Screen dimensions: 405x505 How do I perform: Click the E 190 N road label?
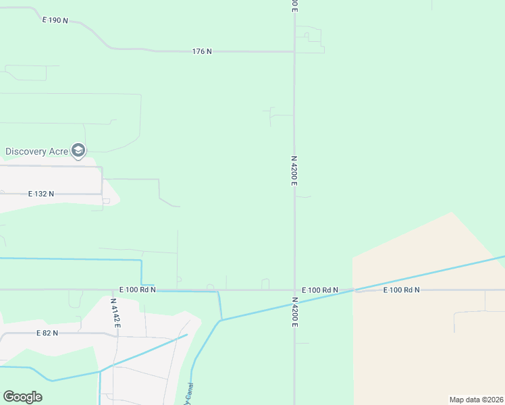click(x=55, y=20)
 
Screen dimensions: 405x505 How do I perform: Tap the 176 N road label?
click(x=202, y=51)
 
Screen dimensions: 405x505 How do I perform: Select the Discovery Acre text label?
click(x=36, y=151)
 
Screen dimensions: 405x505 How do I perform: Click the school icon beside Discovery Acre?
click(x=78, y=150)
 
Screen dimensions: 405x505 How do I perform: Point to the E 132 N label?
click(x=41, y=194)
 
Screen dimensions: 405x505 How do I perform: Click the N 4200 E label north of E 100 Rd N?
click(x=294, y=171)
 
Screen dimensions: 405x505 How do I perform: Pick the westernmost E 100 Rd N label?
click(x=138, y=290)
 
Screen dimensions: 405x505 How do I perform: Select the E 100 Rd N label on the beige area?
click(x=401, y=290)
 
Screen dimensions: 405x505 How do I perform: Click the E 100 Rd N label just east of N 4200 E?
click(x=320, y=290)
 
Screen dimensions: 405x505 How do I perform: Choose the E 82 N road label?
click(x=47, y=333)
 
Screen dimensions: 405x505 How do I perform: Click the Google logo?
click(x=22, y=397)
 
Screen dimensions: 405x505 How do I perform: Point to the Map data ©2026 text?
click(x=476, y=400)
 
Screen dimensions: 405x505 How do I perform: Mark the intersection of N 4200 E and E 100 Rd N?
click(x=294, y=290)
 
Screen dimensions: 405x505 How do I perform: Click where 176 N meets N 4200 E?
click(x=294, y=51)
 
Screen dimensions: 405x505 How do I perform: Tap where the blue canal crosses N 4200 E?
click(x=294, y=304)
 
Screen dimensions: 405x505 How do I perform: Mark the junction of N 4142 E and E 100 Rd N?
click(x=115, y=290)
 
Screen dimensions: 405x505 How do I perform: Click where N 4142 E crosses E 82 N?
click(x=117, y=335)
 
